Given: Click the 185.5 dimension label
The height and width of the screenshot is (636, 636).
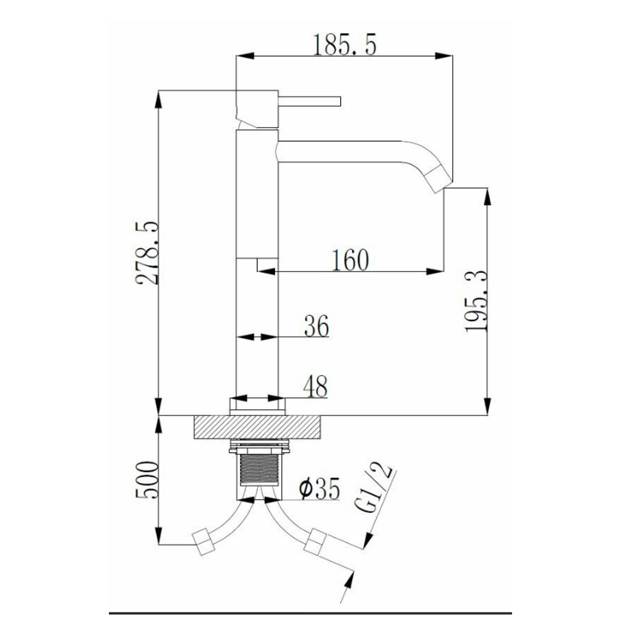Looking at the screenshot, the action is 344,45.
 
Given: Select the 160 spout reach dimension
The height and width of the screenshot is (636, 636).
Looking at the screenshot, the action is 350,260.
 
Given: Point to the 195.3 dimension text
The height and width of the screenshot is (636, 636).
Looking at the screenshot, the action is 476,301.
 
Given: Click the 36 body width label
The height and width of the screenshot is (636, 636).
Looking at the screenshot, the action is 316,326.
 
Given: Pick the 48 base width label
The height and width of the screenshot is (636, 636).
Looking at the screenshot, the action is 315,386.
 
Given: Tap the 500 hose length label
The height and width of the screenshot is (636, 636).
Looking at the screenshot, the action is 148,480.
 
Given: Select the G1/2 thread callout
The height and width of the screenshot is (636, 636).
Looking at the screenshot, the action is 374,488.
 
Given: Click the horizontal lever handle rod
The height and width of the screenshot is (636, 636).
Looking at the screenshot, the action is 310,101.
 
